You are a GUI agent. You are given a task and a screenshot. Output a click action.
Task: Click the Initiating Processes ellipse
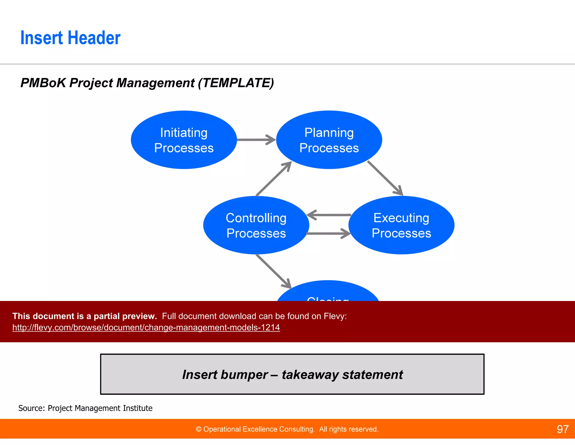point(184,140)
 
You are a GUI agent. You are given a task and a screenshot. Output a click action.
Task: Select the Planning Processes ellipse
point(329,140)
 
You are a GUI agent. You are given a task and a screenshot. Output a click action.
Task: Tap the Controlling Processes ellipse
point(256,225)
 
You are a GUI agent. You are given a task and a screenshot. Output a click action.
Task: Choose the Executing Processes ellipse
point(401,225)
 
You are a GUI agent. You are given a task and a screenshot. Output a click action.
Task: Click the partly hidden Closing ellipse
point(328,293)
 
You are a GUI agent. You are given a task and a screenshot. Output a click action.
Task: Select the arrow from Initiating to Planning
point(255,140)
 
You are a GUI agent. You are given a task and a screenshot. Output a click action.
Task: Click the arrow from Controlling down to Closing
point(273,271)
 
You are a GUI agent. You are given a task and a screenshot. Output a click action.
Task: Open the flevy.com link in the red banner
point(146,327)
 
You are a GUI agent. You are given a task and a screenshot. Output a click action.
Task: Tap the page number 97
point(562,429)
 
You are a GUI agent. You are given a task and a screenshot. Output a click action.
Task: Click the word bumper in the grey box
point(244,375)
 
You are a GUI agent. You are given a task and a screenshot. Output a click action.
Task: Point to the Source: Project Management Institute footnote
point(85,408)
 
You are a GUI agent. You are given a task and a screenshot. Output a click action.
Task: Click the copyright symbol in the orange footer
point(198,429)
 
